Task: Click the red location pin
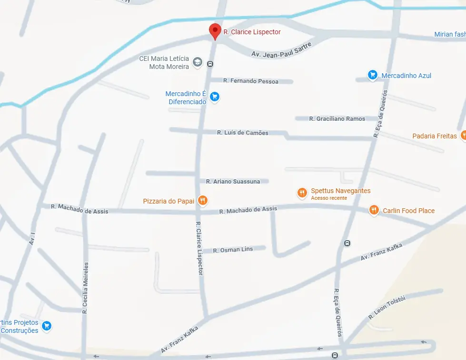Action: coord(215,31)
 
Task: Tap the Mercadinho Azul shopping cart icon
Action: coord(373,75)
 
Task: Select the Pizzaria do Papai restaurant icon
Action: coord(203,201)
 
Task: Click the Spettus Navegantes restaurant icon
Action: coord(302,193)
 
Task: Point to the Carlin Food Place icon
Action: coord(374,210)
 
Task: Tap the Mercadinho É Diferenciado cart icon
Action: coord(215,97)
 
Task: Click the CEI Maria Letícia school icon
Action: coord(197,62)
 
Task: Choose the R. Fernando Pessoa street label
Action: coord(251,81)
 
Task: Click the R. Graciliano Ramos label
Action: coord(337,119)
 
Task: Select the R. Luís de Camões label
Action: coord(243,133)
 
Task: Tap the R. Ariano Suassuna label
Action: coord(233,181)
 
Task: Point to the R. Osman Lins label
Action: coord(233,250)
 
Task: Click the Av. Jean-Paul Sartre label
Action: coord(281,50)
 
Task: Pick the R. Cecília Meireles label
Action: coord(86,288)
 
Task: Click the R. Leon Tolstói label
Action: coord(387,308)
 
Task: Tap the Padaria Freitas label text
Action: coord(435,136)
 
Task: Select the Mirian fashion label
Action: coord(450,34)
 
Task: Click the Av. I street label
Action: coord(32,238)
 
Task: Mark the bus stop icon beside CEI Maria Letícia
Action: coord(210,64)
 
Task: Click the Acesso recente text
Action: coord(329,198)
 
